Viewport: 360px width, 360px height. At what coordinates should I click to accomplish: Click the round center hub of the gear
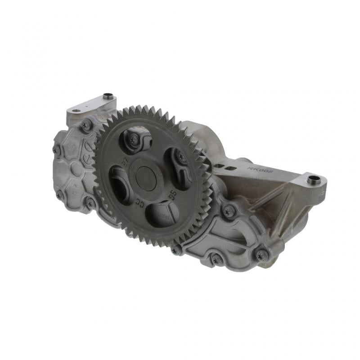pyautogui.click(x=146, y=175)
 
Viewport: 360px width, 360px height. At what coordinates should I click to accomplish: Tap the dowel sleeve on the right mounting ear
pyautogui.click(x=314, y=180)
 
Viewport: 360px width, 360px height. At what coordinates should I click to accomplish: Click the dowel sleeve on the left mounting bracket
pyautogui.click(x=108, y=96)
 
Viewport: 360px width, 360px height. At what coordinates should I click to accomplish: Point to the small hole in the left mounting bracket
pyautogui.click(x=76, y=110)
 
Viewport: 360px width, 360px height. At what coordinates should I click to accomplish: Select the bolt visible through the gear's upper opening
pyautogui.click(x=134, y=140)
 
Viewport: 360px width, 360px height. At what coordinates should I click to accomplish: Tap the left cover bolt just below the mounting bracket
pyautogui.click(x=86, y=126)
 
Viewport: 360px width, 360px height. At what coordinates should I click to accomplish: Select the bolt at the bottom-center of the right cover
pyautogui.click(x=216, y=259)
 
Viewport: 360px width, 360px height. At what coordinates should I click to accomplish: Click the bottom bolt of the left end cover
pyautogui.click(x=90, y=203)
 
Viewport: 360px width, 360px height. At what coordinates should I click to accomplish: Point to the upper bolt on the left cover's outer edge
pyautogui.click(x=57, y=150)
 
